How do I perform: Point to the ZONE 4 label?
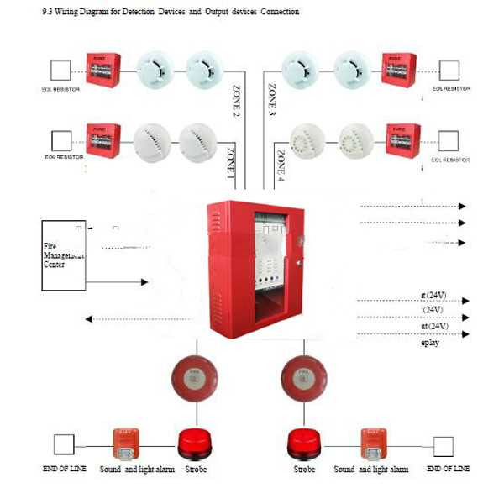point(281,165)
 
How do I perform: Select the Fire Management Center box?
point(63,255)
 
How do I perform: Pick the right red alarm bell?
point(300,375)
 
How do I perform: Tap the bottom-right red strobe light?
point(305,444)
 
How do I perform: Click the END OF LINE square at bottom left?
point(64,444)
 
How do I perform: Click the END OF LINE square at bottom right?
point(443,445)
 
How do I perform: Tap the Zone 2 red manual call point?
point(102,70)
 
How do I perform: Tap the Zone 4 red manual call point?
point(402,139)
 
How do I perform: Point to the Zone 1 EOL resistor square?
point(61,139)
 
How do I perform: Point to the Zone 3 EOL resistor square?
point(449,69)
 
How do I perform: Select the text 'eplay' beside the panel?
point(430,343)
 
